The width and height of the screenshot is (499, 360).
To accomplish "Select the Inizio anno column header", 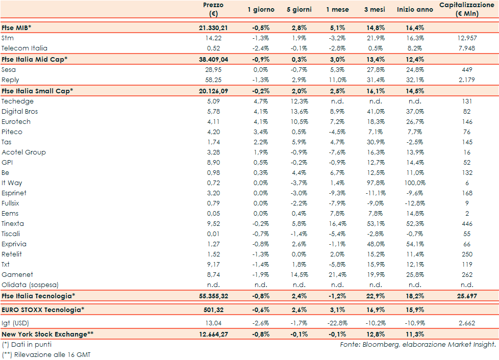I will click(x=415, y=10).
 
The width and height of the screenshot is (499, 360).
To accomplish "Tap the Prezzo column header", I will click(x=213, y=9).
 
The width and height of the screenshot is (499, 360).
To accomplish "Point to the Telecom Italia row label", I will click(x=24, y=48).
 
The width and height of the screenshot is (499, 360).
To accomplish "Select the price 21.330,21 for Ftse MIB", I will click(x=213, y=28).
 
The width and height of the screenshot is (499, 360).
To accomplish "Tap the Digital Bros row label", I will click(x=20, y=111).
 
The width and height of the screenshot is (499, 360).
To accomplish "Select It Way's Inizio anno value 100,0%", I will click(x=415, y=183).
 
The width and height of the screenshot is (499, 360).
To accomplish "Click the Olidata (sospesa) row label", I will click(x=30, y=285).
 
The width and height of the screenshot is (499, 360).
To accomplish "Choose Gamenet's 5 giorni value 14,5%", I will click(x=299, y=274).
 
